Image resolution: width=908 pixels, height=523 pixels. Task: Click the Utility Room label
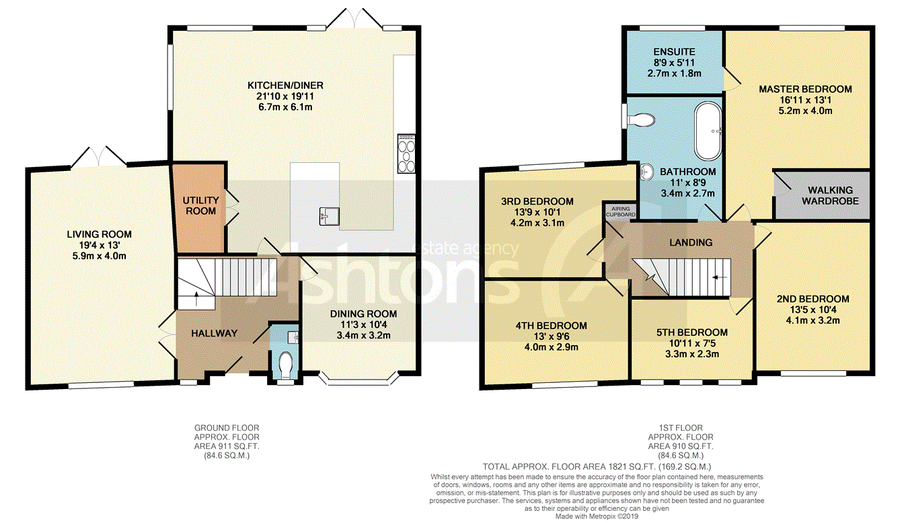(x=200, y=206)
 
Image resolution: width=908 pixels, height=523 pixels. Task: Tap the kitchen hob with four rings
(x=406, y=153)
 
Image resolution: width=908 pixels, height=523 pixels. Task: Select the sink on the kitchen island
(x=329, y=216)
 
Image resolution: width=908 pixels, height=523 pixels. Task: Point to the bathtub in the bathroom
(x=708, y=131)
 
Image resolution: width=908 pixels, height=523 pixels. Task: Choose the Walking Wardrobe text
(x=830, y=196)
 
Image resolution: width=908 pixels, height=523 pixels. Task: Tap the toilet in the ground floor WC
(x=286, y=363)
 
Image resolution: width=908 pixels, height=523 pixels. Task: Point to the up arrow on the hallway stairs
(x=196, y=299)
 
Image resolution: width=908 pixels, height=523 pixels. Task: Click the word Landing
(x=691, y=242)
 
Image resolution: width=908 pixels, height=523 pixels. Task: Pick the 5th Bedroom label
(x=692, y=333)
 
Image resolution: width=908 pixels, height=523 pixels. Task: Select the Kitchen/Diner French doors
(x=354, y=19)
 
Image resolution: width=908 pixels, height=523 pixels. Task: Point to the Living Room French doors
(x=98, y=157)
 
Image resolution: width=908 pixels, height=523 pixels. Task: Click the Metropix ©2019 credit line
(x=597, y=516)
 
